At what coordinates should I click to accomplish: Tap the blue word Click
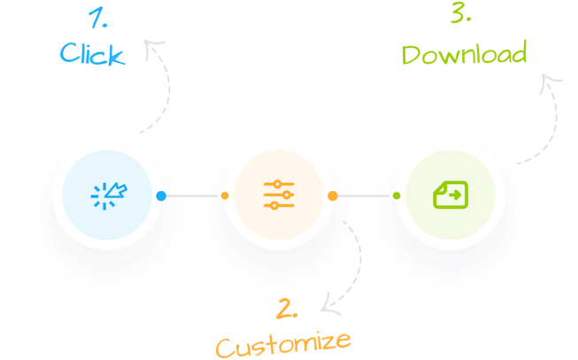[x=91, y=54]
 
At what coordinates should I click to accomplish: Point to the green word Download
[x=464, y=53]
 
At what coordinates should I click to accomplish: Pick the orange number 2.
[x=286, y=309]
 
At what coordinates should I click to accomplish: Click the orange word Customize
[x=282, y=341]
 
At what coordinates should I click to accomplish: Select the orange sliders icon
[x=279, y=195]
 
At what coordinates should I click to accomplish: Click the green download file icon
[x=449, y=195]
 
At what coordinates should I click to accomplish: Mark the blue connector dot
[x=161, y=195]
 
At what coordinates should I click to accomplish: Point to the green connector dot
[x=396, y=195]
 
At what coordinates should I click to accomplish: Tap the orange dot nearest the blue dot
[x=224, y=195]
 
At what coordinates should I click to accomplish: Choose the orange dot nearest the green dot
[x=333, y=195]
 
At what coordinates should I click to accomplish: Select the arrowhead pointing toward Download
[x=551, y=81]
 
